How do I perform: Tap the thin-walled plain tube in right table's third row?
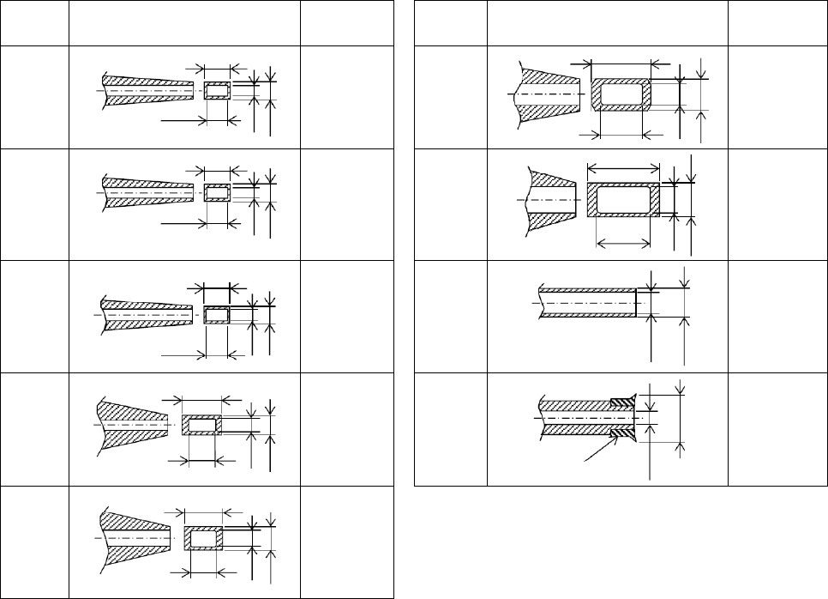(588, 303)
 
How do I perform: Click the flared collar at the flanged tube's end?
(625, 417)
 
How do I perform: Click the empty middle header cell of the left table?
(184, 24)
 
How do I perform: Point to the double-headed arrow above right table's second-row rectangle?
(623, 166)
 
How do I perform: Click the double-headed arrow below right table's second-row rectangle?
(623, 244)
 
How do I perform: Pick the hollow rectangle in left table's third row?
(217, 314)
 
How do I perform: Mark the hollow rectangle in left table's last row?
(203, 539)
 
